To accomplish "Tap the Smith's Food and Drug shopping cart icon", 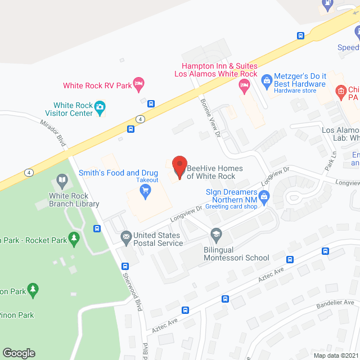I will pos(146,192).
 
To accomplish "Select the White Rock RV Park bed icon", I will pos(139,85).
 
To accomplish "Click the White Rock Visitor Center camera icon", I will pos(100,108).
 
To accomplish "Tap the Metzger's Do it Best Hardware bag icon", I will pos(267,79).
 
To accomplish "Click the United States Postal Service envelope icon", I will pos(126,236).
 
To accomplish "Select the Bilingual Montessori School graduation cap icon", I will pos(215,233).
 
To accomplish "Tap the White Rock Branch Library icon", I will pos(61,182).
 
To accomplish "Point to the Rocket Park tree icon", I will pos(74,240).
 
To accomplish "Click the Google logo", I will pos(19,353).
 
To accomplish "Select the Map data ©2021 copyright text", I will pos(335,355).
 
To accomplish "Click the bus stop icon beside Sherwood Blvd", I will pos(97,228).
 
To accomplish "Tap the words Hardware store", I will pos(294,91).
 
